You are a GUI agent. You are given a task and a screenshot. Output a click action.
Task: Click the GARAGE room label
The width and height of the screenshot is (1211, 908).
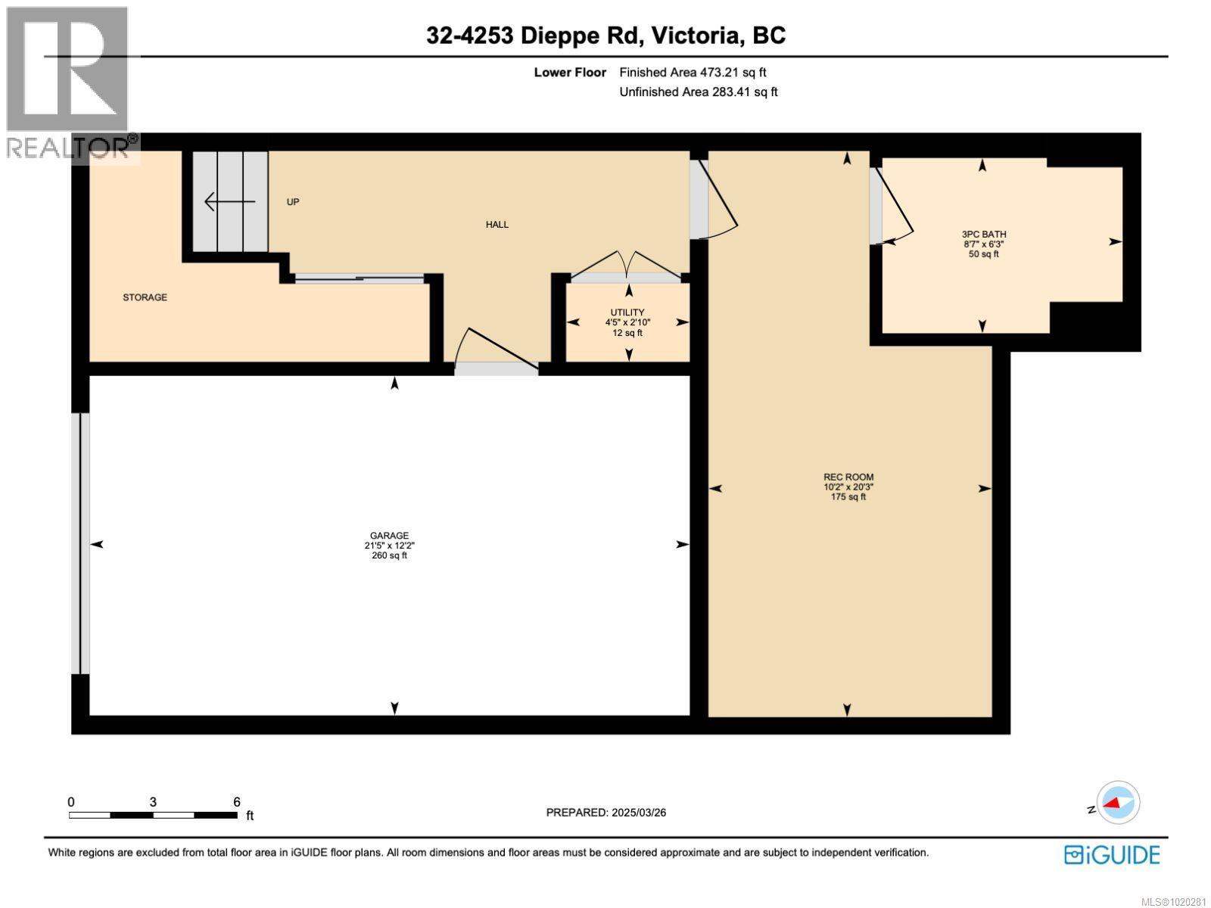(x=389, y=536)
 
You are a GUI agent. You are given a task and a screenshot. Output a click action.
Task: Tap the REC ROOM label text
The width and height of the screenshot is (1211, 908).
(x=848, y=477)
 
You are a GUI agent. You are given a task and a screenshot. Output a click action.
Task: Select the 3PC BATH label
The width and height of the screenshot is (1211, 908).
(x=984, y=235)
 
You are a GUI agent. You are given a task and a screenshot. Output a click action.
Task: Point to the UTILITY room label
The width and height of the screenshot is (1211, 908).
(x=627, y=313)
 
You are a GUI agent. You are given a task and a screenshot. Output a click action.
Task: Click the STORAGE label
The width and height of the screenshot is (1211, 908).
(x=145, y=297)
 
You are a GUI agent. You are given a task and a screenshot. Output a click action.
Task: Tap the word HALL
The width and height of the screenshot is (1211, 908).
(x=497, y=225)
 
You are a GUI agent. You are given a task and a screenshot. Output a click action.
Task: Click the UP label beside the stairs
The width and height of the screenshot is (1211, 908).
(x=293, y=202)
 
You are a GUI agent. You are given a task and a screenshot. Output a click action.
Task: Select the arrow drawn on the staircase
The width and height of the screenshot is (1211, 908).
(x=229, y=202)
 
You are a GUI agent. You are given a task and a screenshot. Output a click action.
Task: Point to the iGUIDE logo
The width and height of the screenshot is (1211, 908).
(x=1112, y=855)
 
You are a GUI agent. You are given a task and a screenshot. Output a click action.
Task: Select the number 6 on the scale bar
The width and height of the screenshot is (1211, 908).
(x=237, y=802)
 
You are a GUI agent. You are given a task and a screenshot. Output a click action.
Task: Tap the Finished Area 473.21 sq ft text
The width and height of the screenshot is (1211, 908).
(x=693, y=73)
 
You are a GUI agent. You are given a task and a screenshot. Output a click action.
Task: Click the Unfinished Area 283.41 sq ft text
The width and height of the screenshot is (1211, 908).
(x=698, y=92)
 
